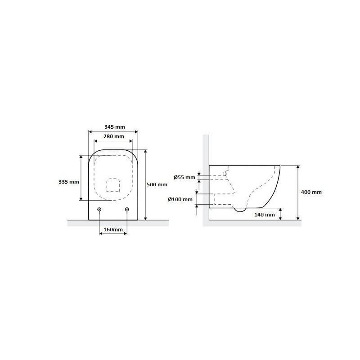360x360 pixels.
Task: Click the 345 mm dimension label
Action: pos(115,127)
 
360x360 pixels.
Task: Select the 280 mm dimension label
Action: pos(114,136)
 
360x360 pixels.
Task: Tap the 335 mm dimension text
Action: pos(69,182)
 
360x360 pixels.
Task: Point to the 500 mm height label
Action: pos(157,184)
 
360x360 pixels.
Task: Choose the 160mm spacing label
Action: pos(113,229)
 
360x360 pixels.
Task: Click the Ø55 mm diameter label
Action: pos(184,177)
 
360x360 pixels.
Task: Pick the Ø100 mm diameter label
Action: pos(180,199)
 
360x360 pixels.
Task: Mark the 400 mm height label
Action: pos(311,192)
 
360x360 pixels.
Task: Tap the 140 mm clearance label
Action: pos(265,215)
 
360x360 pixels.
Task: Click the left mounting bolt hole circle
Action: pos(99,209)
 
